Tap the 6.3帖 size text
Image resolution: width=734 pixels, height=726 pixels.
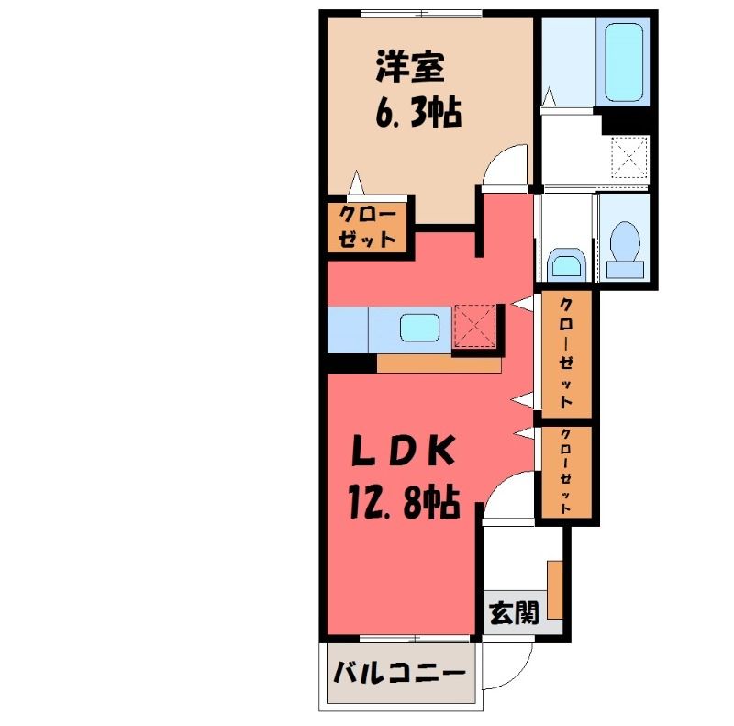tap(418, 111)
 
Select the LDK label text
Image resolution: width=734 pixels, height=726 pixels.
tap(404, 450)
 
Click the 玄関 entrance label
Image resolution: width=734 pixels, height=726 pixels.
tap(514, 613)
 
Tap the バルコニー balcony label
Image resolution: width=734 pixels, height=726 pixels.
tap(399, 673)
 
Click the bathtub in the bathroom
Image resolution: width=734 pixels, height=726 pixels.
tap(623, 61)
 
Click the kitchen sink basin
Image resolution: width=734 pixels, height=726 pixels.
tap(420, 328)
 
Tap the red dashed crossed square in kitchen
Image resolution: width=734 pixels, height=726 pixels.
tap(475, 326)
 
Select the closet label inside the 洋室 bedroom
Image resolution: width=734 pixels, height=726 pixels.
tap(367, 228)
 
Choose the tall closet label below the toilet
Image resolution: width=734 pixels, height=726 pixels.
tap(566, 353)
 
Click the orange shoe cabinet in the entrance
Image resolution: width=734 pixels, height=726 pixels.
tap(555, 589)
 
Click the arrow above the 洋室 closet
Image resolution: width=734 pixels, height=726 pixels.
tap(357, 182)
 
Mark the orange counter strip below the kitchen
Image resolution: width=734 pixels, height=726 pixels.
tap(439, 364)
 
